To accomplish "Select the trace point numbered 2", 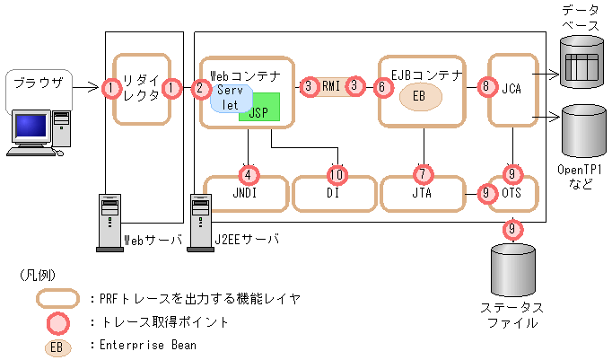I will (x=199, y=88).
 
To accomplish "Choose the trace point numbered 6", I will (x=381, y=87).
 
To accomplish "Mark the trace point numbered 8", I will (x=487, y=87).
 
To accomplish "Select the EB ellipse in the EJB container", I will (x=419, y=96).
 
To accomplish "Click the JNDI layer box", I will (x=249, y=193).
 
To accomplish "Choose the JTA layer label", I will (x=422, y=193).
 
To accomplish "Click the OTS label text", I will (x=512, y=193).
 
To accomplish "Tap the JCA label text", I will (x=512, y=88).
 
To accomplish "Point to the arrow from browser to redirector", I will (x=83, y=88).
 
